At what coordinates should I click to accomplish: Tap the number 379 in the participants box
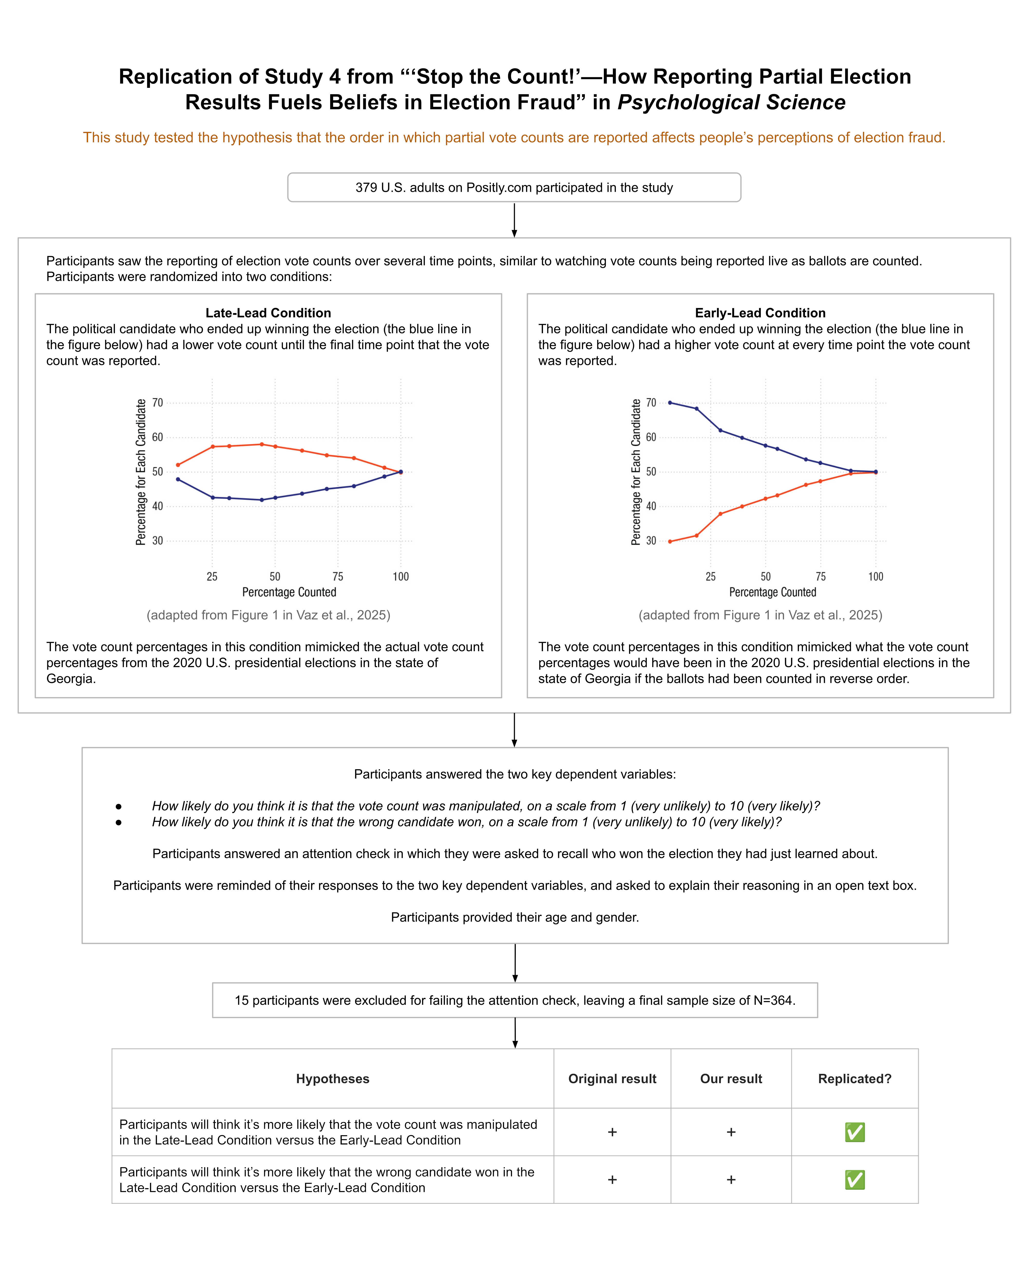click(366, 187)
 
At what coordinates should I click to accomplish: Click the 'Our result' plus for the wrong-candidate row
click(731, 1179)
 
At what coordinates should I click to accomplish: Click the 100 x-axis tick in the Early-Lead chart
click(876, 576)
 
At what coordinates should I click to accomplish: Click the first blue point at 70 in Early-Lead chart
click(670, 402)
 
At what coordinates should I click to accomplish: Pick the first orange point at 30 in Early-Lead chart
click(670, 541)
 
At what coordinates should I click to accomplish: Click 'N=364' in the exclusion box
click(774, 1000)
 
